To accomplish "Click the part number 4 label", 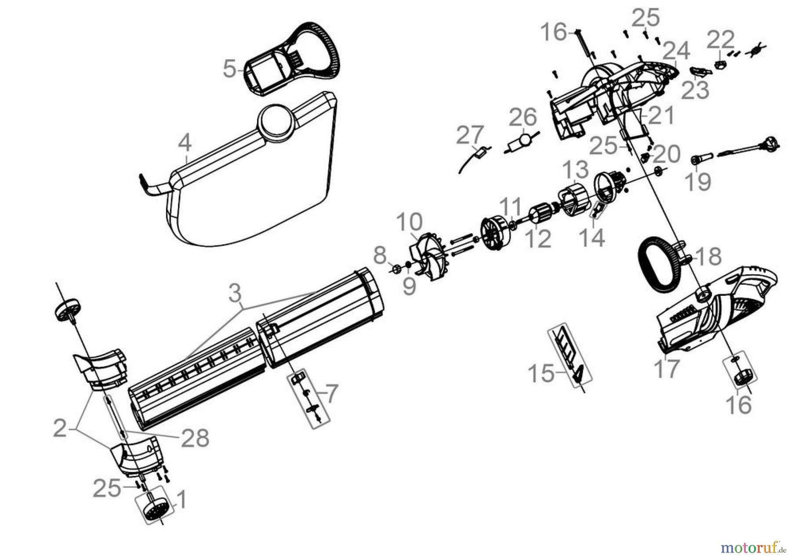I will coord(185,143).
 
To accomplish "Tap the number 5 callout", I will coord(229,69).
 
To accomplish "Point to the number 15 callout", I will coord(541,374).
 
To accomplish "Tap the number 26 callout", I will coord(523,117).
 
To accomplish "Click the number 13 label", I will coord(575,170).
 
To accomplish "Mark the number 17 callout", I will coord(667,368).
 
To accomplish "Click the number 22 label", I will coord(720,40).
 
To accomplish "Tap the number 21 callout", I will coord(661,115).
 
